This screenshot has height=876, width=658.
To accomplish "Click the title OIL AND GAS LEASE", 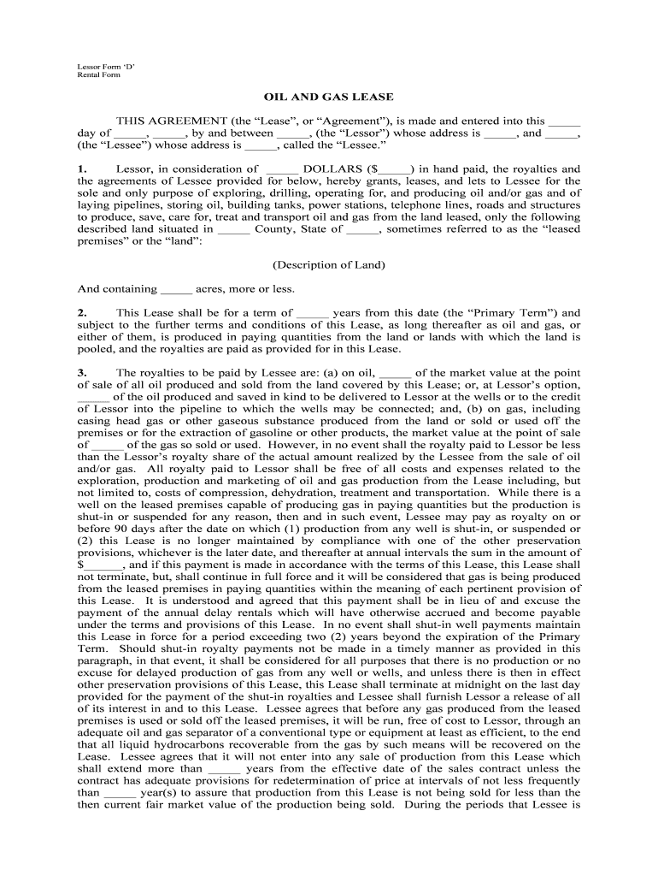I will pos(329,98).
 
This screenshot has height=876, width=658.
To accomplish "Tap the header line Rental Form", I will pos(98,75).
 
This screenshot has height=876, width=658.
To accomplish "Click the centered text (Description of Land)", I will pos(329,265).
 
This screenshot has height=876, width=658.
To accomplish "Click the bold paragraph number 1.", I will pos(82,169).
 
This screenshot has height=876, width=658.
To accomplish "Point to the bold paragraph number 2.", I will pos(82,313).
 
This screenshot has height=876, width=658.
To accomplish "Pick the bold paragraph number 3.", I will pos(82,373).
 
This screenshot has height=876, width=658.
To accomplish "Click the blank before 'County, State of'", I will pos(233,229).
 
